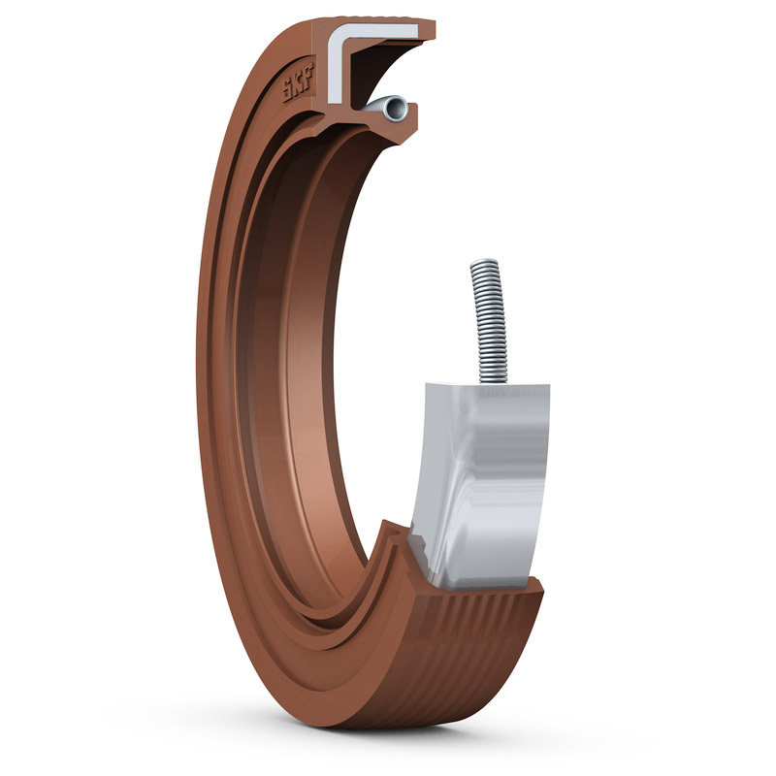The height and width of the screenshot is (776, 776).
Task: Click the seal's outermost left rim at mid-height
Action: tap(200, 388)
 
